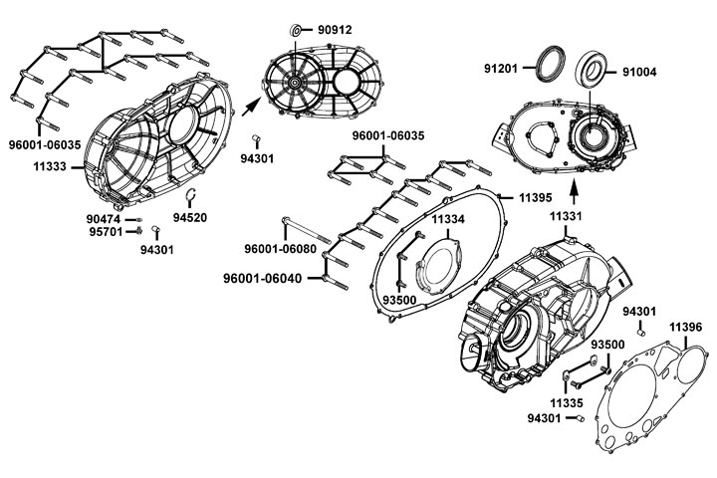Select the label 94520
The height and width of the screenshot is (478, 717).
(189, 217)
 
